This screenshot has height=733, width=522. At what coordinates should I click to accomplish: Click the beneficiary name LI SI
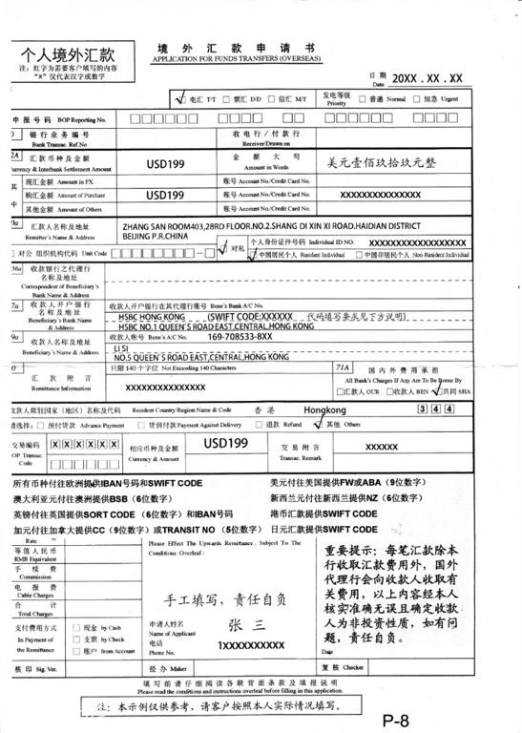(x=121, y=323)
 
